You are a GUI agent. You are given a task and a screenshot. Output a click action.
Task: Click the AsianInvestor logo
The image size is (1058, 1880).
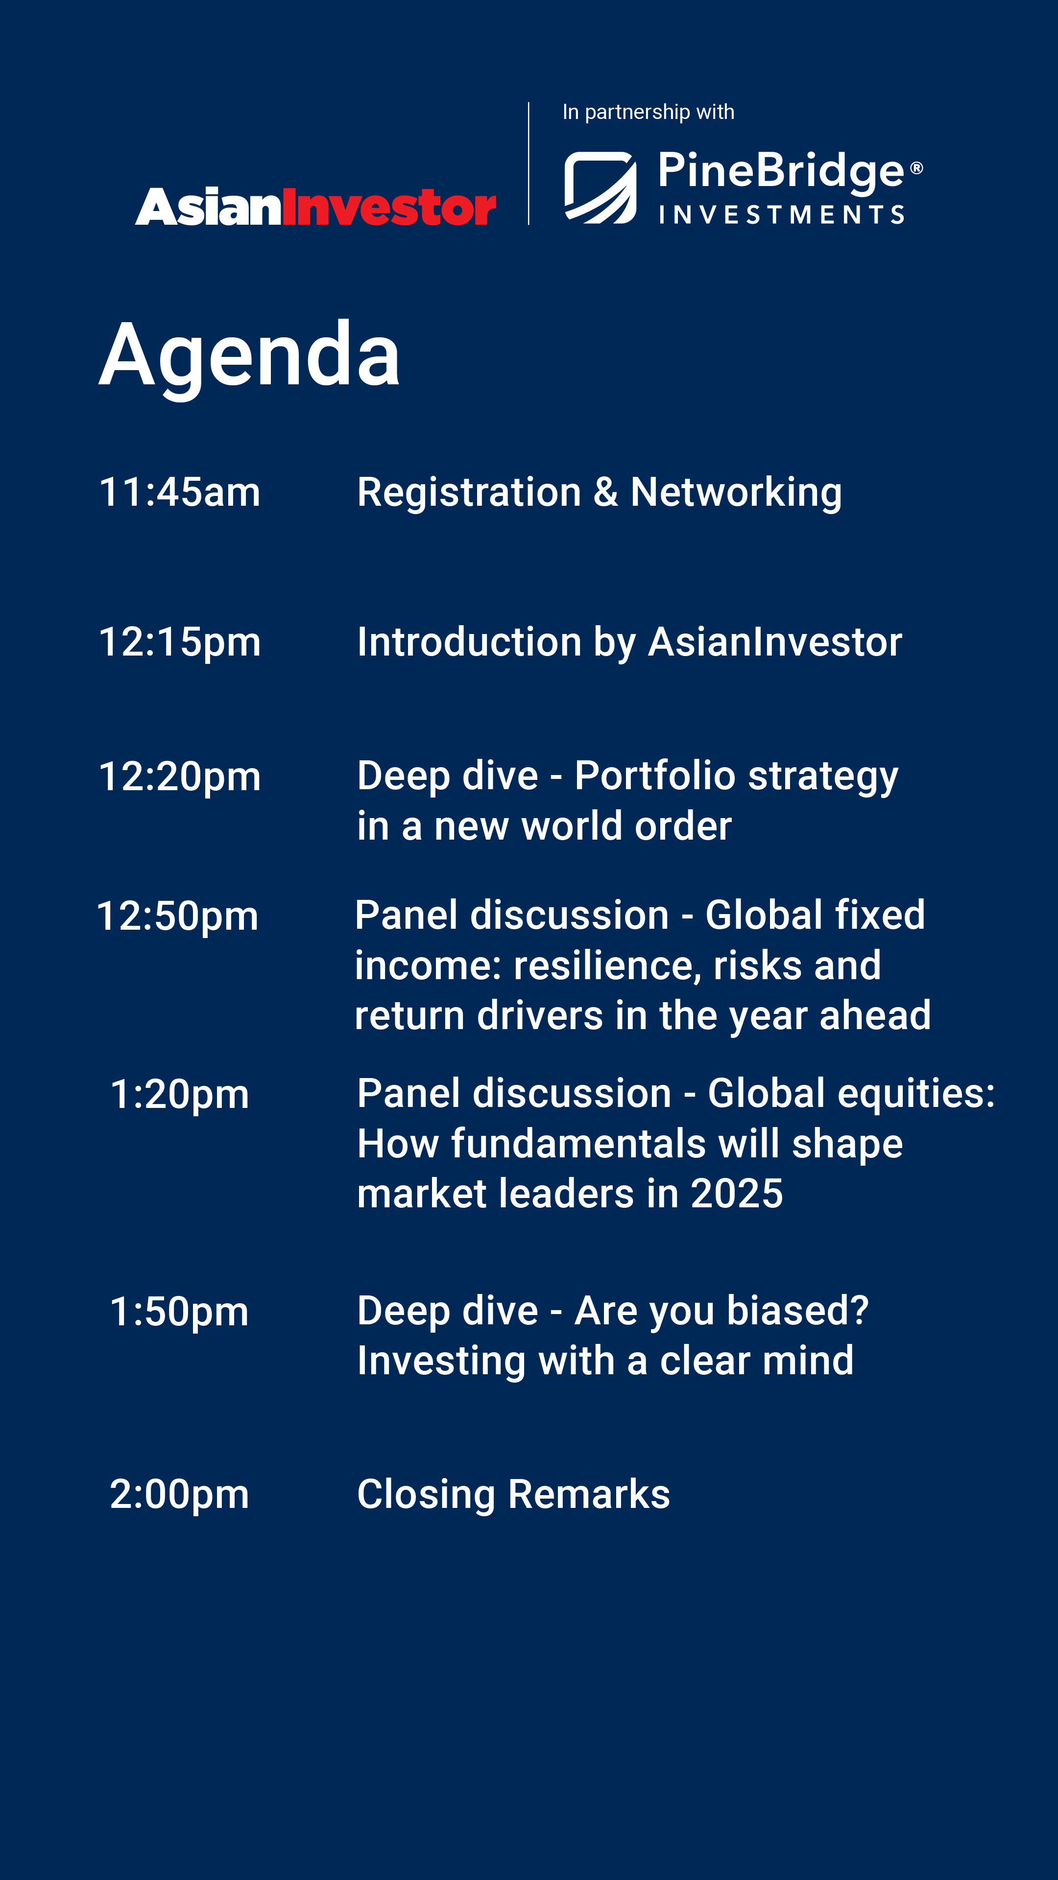coord(315,207)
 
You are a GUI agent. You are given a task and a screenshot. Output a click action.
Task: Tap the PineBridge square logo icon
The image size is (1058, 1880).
coord(600,188)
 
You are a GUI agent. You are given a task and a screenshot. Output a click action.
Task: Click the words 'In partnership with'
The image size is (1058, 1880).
coord(648,112)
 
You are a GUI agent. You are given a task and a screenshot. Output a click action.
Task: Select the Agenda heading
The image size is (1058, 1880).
coord(250,355)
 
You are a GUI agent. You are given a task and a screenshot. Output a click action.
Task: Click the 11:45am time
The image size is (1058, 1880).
coord(180,492)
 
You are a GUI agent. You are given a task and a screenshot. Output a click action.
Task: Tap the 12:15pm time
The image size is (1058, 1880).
coord(180,642)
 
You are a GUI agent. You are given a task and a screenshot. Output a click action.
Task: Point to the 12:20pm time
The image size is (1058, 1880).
coord(180,776)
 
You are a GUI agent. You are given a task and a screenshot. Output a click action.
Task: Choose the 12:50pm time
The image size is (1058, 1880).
coord(177,916)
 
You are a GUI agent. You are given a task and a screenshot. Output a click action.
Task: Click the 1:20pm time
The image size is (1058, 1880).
coord(180,1095)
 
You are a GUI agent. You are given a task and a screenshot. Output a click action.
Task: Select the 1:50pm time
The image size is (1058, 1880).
coord(180,1312)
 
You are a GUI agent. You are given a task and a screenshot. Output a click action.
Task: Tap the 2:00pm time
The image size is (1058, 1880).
coord(180,1494)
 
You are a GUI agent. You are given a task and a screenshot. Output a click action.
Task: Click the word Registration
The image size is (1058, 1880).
coord(469,493)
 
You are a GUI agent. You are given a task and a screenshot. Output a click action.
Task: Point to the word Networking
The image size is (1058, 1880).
coord(736,493)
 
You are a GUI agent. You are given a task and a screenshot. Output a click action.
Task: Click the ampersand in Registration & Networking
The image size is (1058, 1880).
coord(605,492)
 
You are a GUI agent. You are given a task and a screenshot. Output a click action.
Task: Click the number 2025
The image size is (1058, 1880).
coord(736,1194)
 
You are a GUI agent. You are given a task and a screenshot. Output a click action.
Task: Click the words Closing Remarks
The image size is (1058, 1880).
coord(513,1494)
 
